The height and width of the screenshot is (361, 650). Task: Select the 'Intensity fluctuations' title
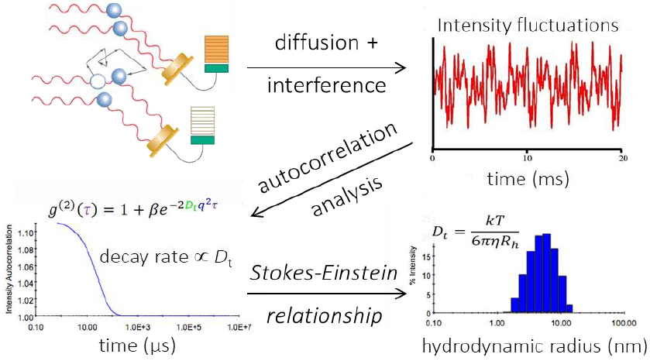(528, 26)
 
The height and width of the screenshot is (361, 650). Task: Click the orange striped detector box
(217, 50)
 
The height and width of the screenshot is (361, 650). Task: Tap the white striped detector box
(204, 122)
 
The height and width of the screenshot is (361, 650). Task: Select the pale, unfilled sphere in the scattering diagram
(98, 81)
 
